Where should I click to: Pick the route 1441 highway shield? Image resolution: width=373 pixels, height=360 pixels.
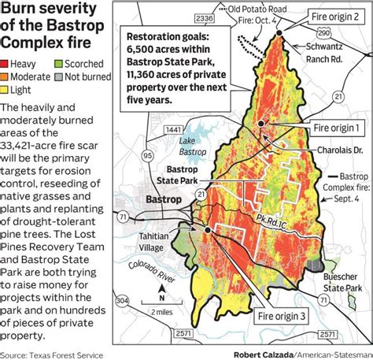(x=152, y=130)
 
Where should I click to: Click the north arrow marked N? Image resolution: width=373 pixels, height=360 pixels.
(x=161, y=297)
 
